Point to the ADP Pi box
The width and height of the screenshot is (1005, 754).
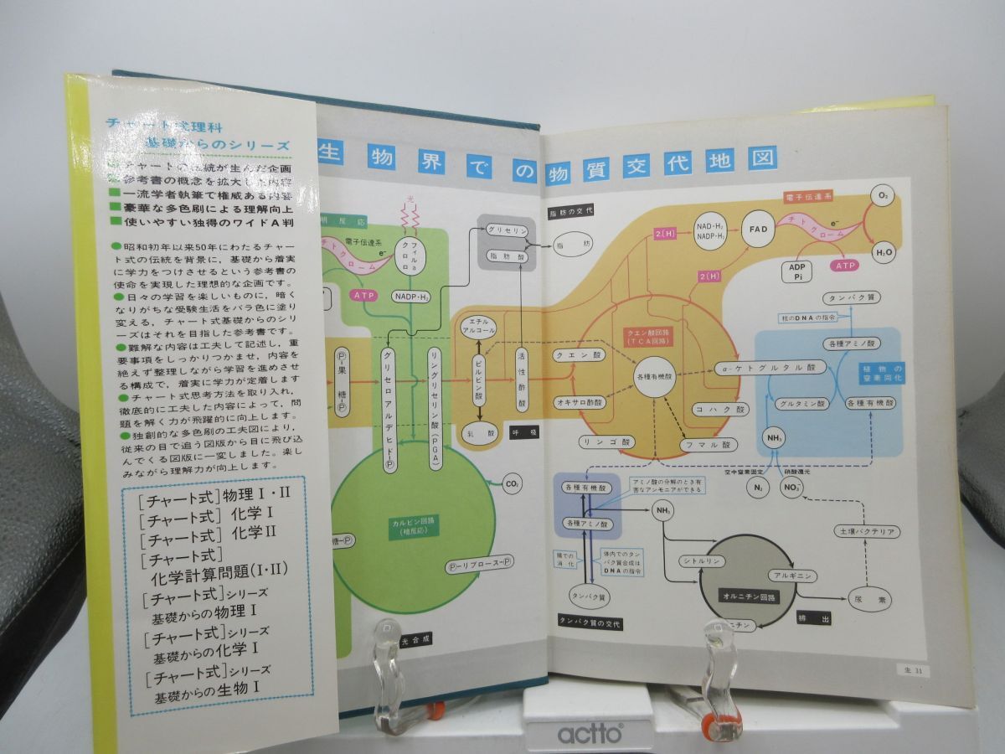click(797, 271)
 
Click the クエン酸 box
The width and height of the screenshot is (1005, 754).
click(575, 354)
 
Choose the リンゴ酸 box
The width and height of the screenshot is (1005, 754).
click(604, 440)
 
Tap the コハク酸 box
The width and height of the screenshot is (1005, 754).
click(719, 409)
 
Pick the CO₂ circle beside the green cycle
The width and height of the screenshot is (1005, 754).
click(513, 483)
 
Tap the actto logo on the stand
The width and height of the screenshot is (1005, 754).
click(590, 734)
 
